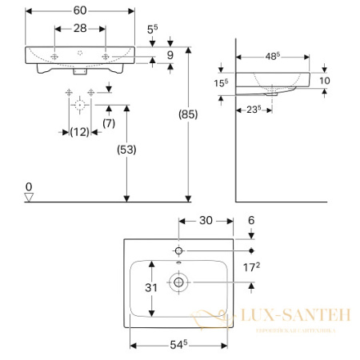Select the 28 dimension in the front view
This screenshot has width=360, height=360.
pos(80,28)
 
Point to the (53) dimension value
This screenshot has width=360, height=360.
pos(126,149)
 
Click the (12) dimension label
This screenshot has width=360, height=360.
pos(79,131)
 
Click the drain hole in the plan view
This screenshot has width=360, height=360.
pos(177,282)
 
